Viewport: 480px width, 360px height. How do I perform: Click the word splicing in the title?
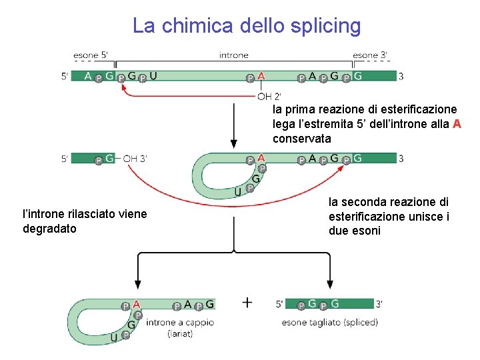pos(325,26)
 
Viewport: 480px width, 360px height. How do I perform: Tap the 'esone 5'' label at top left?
pos(92,55)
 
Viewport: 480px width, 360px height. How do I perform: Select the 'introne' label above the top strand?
pos(233,55)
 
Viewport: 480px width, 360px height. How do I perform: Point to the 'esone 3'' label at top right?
pos(370,55)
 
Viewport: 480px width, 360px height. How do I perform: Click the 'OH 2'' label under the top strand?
pos(269,95)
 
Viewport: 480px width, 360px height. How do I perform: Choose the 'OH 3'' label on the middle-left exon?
pos(135,159)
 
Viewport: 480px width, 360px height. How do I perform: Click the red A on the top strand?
pos(261,76)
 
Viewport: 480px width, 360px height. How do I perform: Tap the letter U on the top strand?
pos(154,76)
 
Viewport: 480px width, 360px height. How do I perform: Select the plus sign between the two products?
pos(247,303)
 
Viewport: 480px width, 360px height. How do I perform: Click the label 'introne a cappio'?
pos(181,323)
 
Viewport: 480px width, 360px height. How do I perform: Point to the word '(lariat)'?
pos(180,333)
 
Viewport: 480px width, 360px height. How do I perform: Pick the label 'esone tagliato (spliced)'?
pos(330,323)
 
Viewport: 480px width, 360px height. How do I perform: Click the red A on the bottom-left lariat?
pos(136,304)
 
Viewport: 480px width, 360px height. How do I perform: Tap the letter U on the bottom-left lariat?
pos(114,337)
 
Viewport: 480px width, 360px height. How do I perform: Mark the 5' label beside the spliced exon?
pos(283,304)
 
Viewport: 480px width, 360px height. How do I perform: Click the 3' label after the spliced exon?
pos(379,304)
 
